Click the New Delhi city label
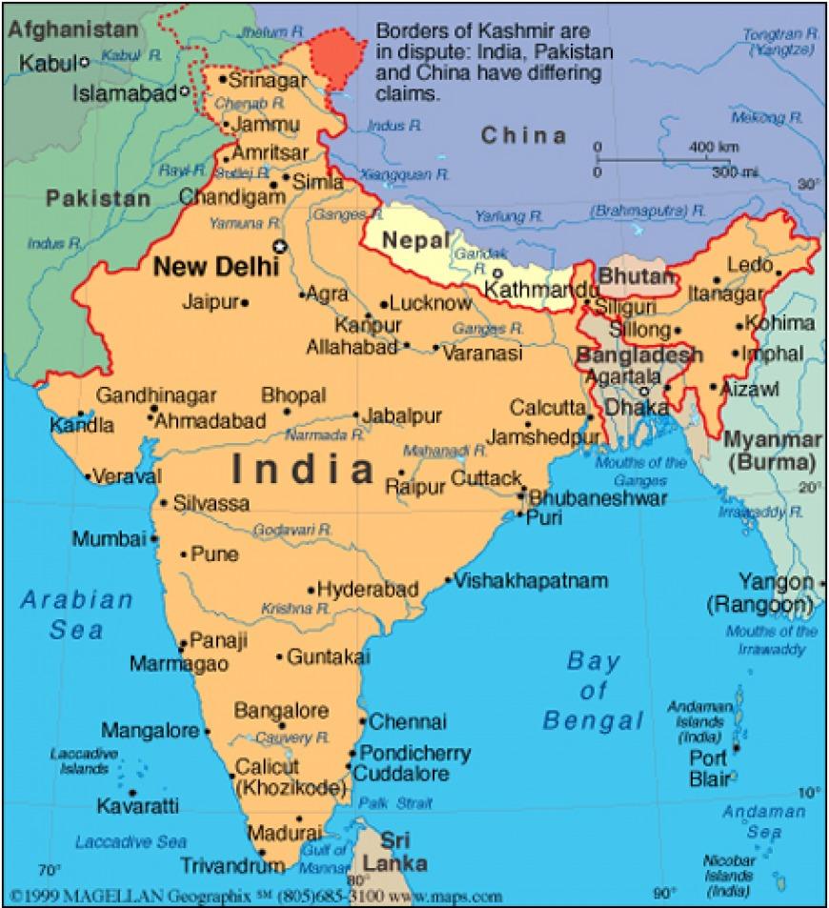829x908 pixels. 215,268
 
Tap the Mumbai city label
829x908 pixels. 110,539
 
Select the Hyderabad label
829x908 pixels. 367,590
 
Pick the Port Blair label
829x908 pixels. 709,769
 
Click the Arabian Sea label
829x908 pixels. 77,615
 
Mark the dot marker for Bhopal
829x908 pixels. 287,412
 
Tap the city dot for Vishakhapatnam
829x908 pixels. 449,579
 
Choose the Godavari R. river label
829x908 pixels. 293,529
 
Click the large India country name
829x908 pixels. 302,469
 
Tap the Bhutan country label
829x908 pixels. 636,276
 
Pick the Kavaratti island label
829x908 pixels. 137,806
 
